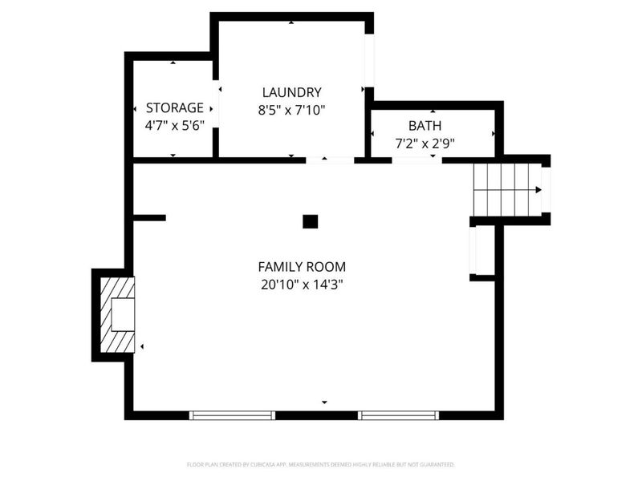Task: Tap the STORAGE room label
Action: tap(174, 107)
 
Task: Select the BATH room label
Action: tap(425, 125)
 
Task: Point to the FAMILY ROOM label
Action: tap(302, 267)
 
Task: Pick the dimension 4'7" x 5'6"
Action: tap(174, 126)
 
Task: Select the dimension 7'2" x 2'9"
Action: tap(425, 143)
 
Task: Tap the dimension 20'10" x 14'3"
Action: tap(302, 284)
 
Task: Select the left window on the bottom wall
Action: tap(232, 415)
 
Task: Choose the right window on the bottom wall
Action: tap(398, 415)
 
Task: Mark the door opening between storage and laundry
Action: tap(215, 104)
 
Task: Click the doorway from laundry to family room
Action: tap(330, 160)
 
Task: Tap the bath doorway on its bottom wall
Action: tap(416, 160)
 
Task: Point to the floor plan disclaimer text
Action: tap(321, 464)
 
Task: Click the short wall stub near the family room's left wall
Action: tap(149, 217)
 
